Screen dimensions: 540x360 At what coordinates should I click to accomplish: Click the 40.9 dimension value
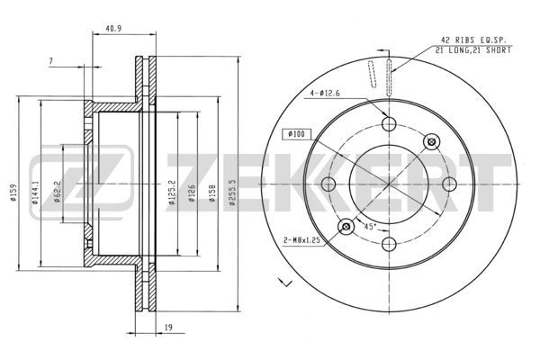[x=113, y=28]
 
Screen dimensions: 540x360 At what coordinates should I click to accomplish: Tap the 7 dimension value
[x=51, y=61]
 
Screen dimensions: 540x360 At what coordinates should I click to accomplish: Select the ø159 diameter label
[x=13, y=193]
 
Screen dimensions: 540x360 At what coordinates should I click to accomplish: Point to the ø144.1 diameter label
[x=35, y=193]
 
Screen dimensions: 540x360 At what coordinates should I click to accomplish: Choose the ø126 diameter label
[x=192, y=193]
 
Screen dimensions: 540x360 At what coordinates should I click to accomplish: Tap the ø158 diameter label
[x=212, y=193]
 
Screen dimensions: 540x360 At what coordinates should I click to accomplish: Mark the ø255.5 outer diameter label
[x=232, y=193]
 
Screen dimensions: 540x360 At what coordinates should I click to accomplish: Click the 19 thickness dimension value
[x=168, y=328]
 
